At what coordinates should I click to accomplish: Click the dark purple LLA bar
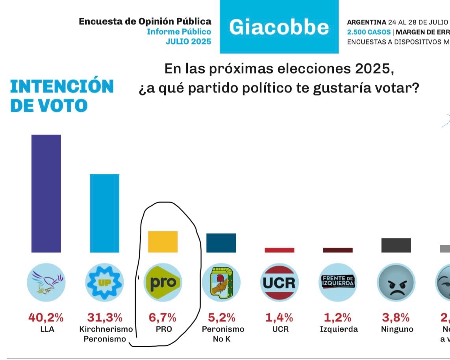pyautogui.click(x=46, y=193)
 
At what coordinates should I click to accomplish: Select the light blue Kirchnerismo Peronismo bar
pyautogui.click(x=104, y=213)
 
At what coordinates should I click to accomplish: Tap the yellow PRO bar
pyautogui.click(x=163, y=242)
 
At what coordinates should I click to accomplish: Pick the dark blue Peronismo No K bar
pyautogui.click(x=221, y=243)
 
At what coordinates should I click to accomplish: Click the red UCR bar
pyautogui.click(x=279, y=250)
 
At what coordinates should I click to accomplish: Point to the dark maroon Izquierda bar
pyautogui.click(x=338, y=250)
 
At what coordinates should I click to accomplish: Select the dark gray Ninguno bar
pyautogui.click(x=396, y=245)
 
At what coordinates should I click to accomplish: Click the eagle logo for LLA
pyautogui.click(x=46, y=282)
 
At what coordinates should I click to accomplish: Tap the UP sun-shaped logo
pyautogui.click(x=104, y=282)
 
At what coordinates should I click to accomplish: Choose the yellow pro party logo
pyautogui.click(x=163, y=282)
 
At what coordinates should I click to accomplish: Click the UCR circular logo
pyautogui.click(x=279, y=282)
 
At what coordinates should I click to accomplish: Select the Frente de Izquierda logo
pyautogui.click(x=338, y=282)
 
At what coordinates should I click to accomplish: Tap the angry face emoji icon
pyautogui.click(x=396, y=282)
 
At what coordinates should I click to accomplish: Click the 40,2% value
pyautogui.click(x=46, y=317)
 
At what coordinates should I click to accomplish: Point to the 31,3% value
pyautogui.click(x=104, y=317)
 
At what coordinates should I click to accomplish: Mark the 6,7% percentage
pyautogui.click(x=163, y=317)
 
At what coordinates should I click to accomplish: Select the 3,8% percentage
pyautogui.click(x=396, y=317)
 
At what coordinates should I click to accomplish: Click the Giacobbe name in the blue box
pyautogui.click(x=279, y=27)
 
